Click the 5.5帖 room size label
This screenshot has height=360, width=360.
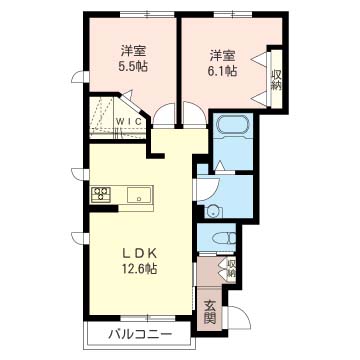[x=133, y=67]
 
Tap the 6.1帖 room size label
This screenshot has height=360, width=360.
[x=223, y=71]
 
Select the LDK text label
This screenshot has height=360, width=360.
[x=138, y=254]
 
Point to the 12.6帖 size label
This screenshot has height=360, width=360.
[x=138, y=269]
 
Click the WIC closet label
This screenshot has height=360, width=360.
[x=129, y=121]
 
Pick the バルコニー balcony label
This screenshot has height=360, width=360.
[x=140, y=334]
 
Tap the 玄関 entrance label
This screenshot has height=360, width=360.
[x=209, y=312]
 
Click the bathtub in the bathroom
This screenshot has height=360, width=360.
[x=233, y=126]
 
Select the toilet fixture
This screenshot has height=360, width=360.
[x=223, y=239]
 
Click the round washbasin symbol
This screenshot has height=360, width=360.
[x=210, y=211]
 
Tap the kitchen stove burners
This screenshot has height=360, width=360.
[x=101, y=195]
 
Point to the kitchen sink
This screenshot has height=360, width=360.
[x=139, y=194]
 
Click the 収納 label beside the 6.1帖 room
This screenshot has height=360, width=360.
[x=276, y=80]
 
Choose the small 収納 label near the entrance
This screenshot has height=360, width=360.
[x=232, y=269]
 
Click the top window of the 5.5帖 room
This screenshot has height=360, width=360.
[x=147, y=14]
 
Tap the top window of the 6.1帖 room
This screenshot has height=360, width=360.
[x=233, y=14]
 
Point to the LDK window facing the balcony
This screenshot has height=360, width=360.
[x=148, y=318]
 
